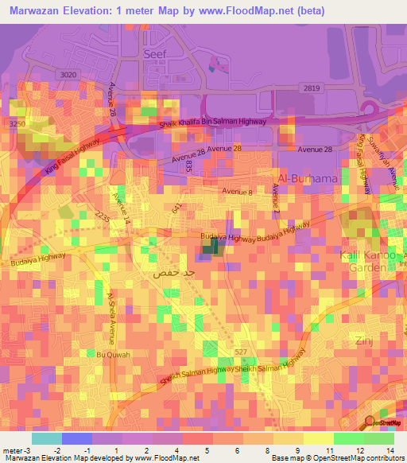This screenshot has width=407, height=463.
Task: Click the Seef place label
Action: [154, 56]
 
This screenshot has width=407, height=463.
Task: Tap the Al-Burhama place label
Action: [308, 179]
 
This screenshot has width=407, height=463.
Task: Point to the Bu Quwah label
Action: [110, 354]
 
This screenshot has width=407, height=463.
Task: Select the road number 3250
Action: [17, 125]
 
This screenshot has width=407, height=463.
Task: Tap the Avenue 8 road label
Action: [237, 192]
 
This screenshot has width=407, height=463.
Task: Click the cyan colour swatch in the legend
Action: [46, 438]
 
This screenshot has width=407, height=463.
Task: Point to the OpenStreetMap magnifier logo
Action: [370, 422]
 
